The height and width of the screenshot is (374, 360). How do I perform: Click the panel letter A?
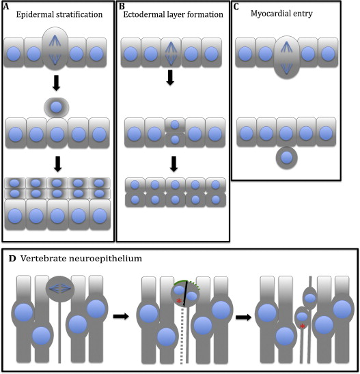pos(5,6)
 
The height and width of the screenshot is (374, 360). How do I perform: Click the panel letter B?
pos(122,6)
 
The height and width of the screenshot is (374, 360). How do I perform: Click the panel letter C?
pos(236,6)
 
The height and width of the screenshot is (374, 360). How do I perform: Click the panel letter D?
pos(12,259)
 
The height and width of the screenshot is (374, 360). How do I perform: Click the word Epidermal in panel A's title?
pos(36,15)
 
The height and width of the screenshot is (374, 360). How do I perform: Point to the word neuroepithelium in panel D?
pos(109,259)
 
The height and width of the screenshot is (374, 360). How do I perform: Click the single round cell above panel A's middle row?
pos(57,107)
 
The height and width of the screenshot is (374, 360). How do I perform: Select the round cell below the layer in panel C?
pos(287,158)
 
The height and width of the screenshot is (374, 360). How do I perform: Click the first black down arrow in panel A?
pos(56,83)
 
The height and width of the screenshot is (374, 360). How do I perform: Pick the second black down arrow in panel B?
pos(174,164)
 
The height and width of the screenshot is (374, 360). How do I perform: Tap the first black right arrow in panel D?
pos(121,317)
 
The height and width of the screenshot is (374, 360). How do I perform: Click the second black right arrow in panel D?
pos(243,317)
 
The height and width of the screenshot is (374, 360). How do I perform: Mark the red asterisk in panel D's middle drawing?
pos(179,301)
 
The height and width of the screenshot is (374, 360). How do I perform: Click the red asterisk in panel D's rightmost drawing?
pos(303,326)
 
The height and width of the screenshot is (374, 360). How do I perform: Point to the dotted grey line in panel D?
pos(182,336)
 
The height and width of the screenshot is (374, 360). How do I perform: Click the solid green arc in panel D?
pos(180,281)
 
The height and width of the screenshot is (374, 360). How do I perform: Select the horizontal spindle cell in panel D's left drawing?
pos(60,289)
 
